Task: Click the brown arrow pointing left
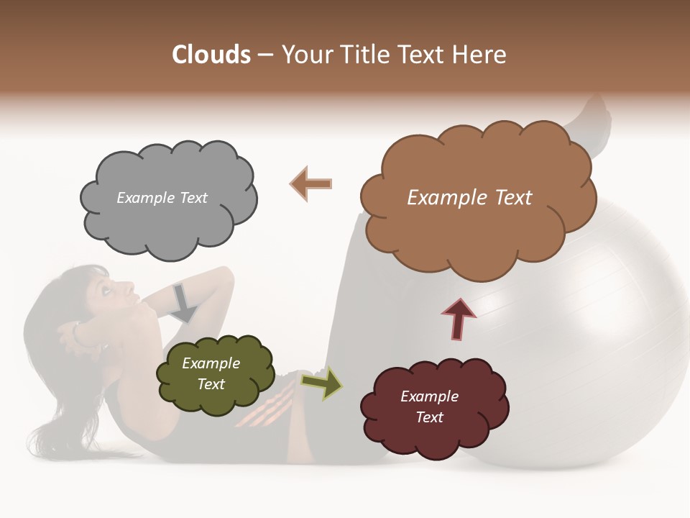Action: [311, 183]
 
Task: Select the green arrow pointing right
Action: [321, 383]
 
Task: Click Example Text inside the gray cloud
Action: [162, 198]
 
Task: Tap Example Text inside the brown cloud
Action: [469, 198]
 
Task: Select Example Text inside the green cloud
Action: [211, 373]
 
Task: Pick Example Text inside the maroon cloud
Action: [429, 406]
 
